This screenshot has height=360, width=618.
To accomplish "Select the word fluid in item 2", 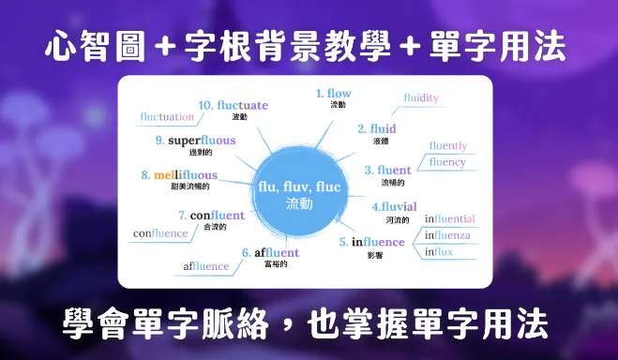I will [x=384, y=128].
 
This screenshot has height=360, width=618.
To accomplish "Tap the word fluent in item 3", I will [x=394, y=170].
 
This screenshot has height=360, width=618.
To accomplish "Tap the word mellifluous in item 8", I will [x=185, y=175].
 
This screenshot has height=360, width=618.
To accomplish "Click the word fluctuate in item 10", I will [x=242, y=105].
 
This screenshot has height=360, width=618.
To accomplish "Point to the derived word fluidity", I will [x=421, y=97].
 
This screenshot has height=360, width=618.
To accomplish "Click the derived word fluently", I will [x=447, y=145].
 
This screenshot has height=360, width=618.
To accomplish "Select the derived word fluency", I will [x=446, y=162].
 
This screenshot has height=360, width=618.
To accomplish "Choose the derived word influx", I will [x=439, y=252].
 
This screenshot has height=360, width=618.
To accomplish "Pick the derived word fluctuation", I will [x=167, y=117].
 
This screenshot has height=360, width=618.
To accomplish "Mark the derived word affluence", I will [x=206, y=266].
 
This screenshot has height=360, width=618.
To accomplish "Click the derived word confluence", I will [x=160, y=232].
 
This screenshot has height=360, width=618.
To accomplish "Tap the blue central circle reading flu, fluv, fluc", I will [x=299, y=193].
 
